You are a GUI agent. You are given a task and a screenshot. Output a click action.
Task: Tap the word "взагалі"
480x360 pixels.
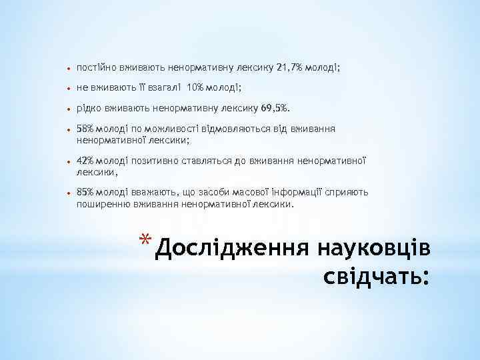pyautogui.click(x=162, y=88)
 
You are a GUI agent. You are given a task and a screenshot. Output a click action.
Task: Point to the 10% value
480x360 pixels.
pyautogui.click(x=196, y=88)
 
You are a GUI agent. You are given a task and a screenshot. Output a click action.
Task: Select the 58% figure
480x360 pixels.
pyautogui.click(x=85, y=127)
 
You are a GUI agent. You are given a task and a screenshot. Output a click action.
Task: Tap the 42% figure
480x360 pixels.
pyautogui.click(x=85, y=161)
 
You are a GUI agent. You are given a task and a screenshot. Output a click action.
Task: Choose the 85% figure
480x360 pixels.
pyautogui.click(x=85, y=193)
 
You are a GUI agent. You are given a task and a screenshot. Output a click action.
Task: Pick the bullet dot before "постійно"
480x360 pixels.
pyautogui.click(x=69, y=69)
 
